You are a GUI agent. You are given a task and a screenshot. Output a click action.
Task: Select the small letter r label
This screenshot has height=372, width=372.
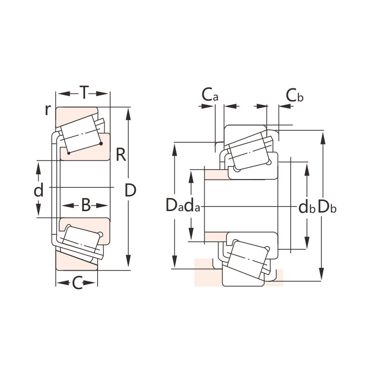[47, 110]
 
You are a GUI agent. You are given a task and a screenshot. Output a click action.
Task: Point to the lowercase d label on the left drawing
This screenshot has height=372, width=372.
[39, 190]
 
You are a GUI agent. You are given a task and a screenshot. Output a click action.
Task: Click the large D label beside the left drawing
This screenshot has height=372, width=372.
[131, 190]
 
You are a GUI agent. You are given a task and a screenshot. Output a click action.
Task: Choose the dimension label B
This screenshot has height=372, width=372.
[86, 205]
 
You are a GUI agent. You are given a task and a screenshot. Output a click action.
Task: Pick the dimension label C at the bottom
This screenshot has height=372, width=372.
[77, 282]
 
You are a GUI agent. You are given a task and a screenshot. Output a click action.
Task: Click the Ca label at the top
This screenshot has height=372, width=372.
[210, 95]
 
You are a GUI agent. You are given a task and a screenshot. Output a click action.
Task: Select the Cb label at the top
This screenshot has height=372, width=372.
[294, 95]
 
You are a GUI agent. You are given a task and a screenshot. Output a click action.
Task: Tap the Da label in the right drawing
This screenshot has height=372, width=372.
[175, 206]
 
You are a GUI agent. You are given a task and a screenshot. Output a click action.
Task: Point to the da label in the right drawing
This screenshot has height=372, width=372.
[192, 206]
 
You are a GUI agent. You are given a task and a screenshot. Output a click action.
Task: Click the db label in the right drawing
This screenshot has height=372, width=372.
[306, 207]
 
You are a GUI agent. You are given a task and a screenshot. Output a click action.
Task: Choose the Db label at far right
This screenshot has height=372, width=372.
[327, 207]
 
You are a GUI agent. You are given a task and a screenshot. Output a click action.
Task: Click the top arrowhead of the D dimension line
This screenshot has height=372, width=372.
[129, 112]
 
